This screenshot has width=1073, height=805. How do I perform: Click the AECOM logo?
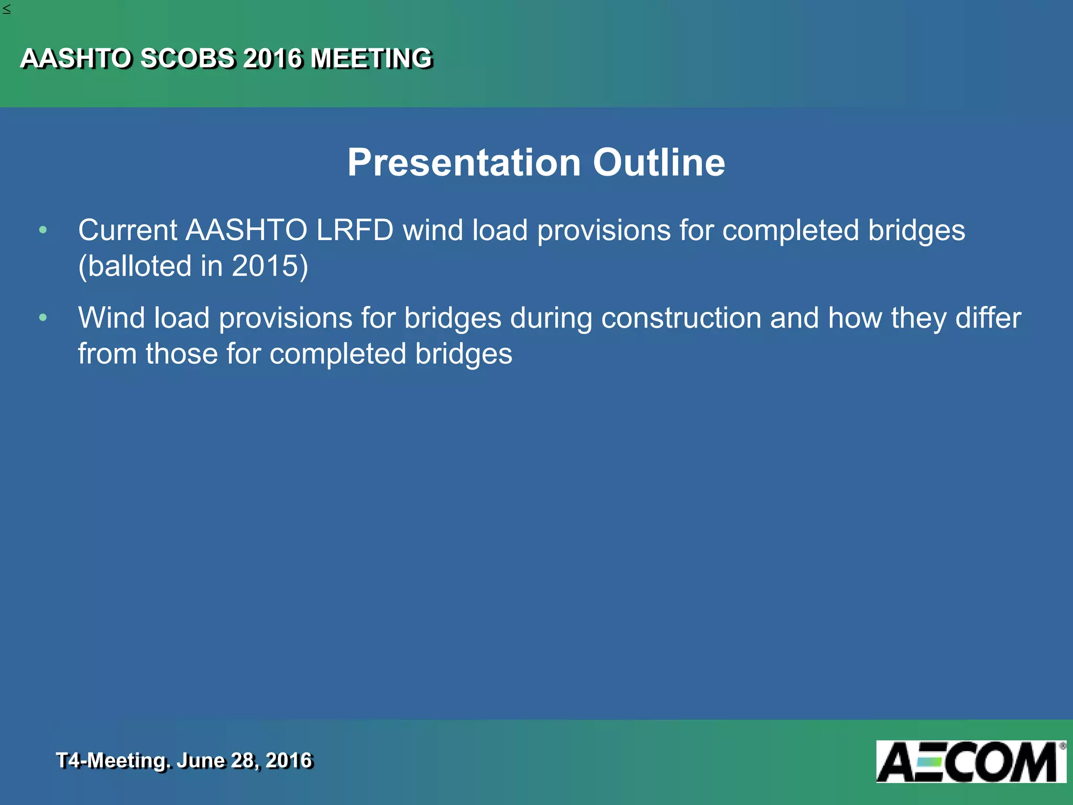tap(970, 762)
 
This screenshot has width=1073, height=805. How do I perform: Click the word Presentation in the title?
tap(464, 162)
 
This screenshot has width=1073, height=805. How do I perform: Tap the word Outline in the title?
tap(659, 162)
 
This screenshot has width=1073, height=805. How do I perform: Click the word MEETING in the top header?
tap(371, 58)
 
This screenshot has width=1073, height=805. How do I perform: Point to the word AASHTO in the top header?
tap(75, 58)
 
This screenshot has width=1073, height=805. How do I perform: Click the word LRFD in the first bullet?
tap(355, 230)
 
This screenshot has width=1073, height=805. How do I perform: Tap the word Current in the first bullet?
tap(128, 230)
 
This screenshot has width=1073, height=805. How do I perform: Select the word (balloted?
tap(135, 266)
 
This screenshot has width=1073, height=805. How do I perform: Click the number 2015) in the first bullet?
tap(270, 266)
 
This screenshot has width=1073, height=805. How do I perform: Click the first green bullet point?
tap(43, 230)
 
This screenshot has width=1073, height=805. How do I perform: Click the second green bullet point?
tap(43, 318)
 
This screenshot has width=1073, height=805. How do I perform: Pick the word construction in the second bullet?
tap(681, 318)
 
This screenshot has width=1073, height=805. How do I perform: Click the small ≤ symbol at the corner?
tap(6, 9)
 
